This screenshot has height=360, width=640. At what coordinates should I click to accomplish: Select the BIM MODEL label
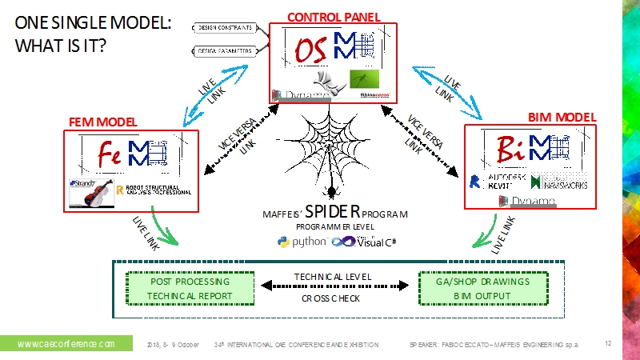[562, 117]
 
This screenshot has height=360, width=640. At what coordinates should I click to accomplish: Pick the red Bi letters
[508, 148]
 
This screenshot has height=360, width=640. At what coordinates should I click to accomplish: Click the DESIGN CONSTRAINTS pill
[223, 28]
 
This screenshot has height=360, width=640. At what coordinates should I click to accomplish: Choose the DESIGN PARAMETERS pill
[223, 51]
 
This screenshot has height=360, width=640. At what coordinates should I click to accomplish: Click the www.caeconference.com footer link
[65, 344]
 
